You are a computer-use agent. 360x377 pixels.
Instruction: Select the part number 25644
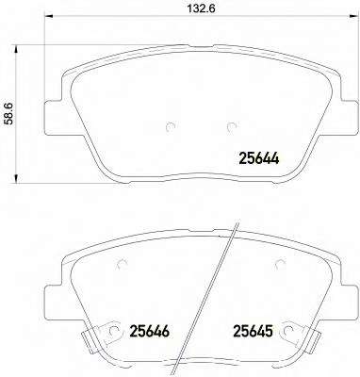pyautogui.click(x=259, y=158)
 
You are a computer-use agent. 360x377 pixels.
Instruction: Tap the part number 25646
pyautogui.click(x=150, y=331)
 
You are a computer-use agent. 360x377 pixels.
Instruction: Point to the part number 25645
pyautogui.click(x=253, y=331)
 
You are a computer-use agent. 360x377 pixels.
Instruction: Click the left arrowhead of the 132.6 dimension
pyautogui.click(x=49, y=16)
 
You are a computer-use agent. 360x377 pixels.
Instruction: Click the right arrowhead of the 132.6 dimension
pyautogui.click(x=353, y=16)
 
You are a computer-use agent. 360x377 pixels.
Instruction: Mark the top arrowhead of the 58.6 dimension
pyautogui.click(x=16, y=50)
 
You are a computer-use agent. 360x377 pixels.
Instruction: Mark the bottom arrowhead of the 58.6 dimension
pyautogui.click(x=16, y=178)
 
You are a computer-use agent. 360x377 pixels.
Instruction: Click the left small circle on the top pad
pyautogui.click(x=170, y=126)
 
